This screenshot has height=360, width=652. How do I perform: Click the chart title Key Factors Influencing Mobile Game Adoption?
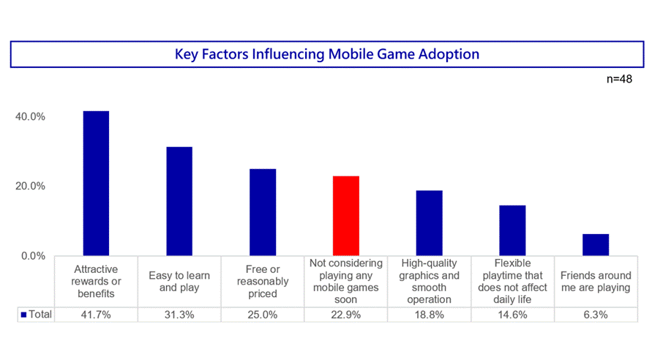327,54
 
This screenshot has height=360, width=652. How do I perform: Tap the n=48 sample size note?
619,79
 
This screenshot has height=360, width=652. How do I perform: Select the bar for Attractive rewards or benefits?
96,183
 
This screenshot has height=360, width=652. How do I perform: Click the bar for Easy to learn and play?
179,201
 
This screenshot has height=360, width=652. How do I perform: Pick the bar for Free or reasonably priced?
263,212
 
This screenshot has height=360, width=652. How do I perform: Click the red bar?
345,216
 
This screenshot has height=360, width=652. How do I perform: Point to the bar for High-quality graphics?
429,223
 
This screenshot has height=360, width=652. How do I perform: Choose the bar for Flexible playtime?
512,230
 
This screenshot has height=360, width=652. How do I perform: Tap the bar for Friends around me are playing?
596,244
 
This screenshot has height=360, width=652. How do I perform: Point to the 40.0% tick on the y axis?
30,116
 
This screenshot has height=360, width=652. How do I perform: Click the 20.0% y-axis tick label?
30,186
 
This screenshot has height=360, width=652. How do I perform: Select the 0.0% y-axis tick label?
33,256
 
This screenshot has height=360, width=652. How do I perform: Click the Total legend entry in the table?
37,315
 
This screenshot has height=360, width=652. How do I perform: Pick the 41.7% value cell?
96,315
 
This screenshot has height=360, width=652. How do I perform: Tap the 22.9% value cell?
345,315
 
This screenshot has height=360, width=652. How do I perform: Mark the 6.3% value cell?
596,315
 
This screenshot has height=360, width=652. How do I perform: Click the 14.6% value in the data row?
512,315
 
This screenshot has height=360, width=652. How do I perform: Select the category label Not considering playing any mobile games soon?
345,281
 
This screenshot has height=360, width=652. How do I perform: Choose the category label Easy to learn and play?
179,281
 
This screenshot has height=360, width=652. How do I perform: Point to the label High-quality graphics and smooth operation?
429,281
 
